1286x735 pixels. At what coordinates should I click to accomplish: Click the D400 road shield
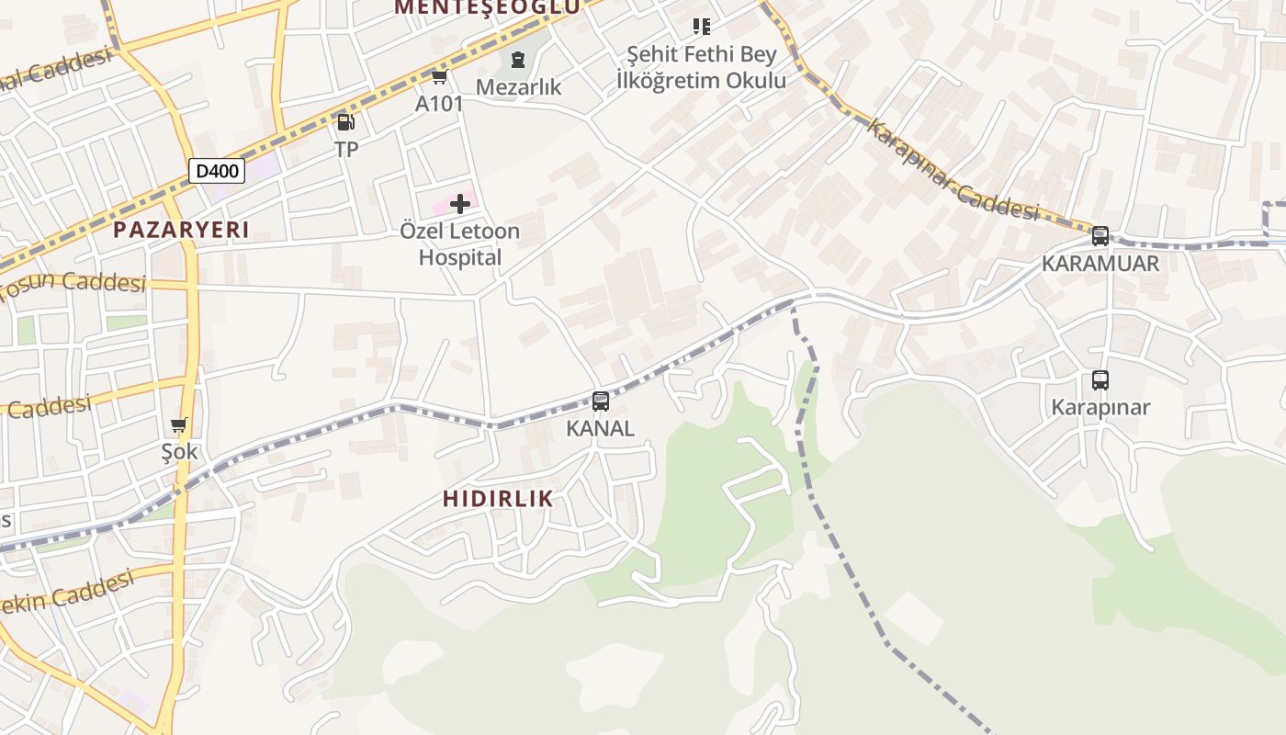click(217, 170)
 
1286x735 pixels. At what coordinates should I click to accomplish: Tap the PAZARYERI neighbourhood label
click(181, 230)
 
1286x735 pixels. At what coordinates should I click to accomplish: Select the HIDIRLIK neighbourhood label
click(498, 499)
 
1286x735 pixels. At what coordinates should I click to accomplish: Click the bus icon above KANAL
click(601, 401)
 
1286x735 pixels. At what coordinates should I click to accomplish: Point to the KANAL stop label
click(600, 428)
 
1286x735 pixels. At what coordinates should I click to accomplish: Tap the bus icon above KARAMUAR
click(1100, 235)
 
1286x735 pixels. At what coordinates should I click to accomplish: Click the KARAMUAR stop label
click(1100, 264)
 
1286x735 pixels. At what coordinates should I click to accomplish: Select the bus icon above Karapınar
click(1100, 379)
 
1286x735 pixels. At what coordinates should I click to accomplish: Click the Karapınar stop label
click(1100, 407)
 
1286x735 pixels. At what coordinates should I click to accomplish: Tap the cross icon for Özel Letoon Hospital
click(460, 204)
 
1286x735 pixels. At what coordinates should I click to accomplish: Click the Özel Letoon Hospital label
click(460, 244)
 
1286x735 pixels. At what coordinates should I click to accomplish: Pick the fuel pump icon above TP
click(345, 121)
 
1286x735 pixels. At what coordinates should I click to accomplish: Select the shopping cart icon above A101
click(439, 76)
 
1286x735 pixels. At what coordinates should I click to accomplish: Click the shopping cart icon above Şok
click(179, 424)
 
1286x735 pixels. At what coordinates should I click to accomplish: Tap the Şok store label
click(179, 452)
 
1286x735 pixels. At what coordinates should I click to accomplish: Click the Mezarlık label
click(518, 87)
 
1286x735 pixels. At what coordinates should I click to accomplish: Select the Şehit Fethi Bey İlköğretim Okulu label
click(701, 67)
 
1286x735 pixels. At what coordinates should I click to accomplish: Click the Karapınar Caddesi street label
click(952, 171)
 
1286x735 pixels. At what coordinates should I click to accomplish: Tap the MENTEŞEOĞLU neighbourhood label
click(487, 7)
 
